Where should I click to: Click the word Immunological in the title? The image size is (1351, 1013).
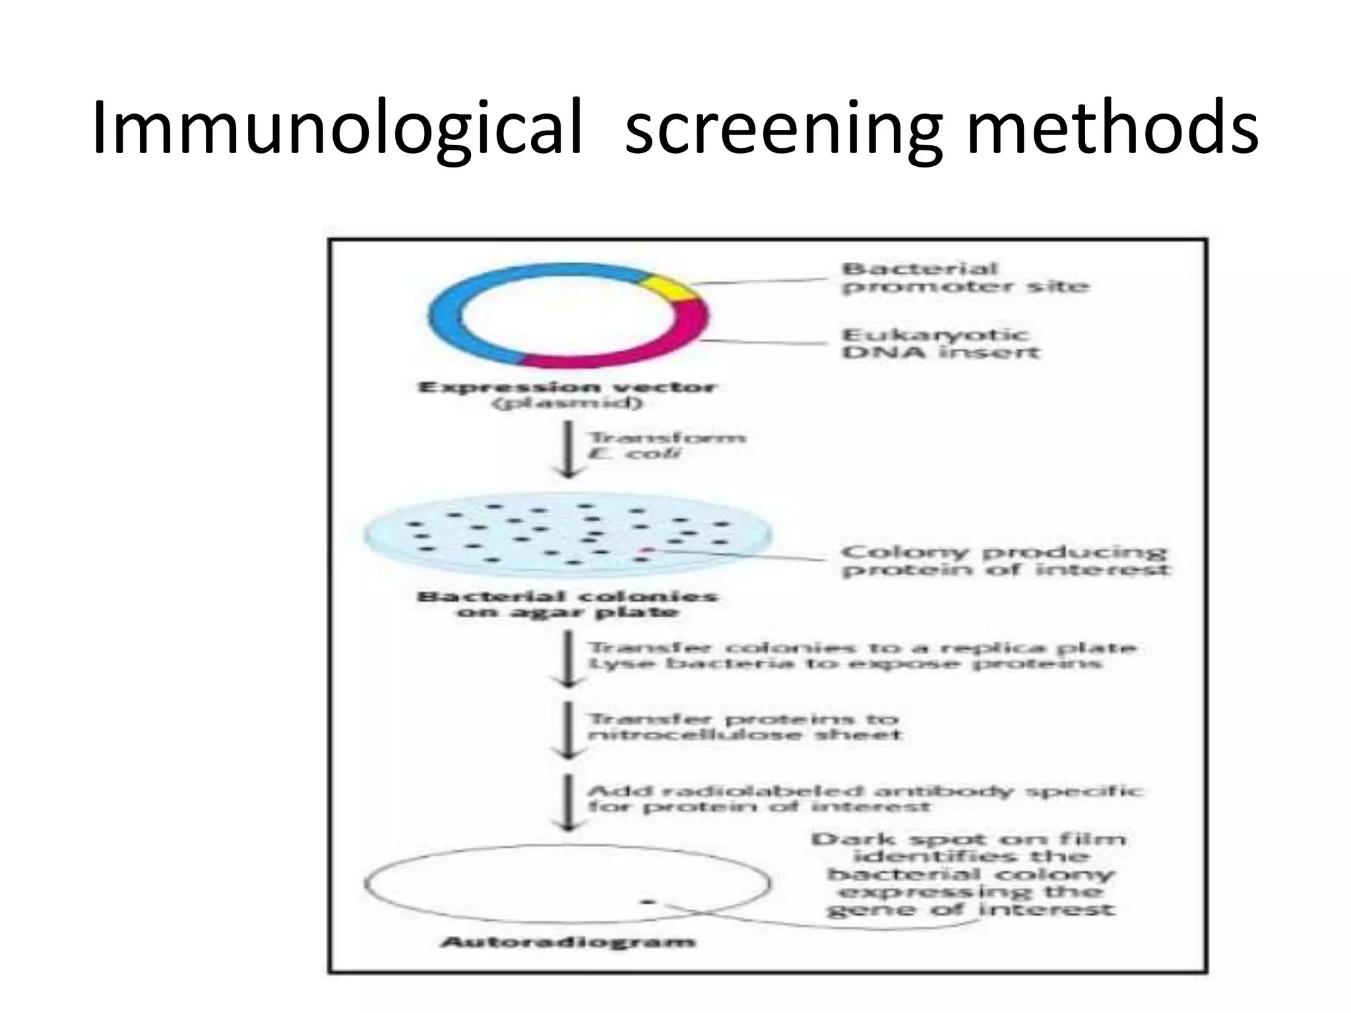(337, 129)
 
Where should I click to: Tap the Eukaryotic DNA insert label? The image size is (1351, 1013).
(940, 344)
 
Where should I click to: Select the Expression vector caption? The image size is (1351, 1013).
(567, 394)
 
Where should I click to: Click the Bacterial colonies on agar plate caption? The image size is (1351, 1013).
(567, 604)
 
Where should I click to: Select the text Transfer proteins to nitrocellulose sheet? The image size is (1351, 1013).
(744, 727)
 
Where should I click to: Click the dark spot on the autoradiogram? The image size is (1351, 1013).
(648, 900)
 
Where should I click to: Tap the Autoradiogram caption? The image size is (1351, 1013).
(567, 941)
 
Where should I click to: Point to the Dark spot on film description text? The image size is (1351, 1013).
(970, 875)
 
